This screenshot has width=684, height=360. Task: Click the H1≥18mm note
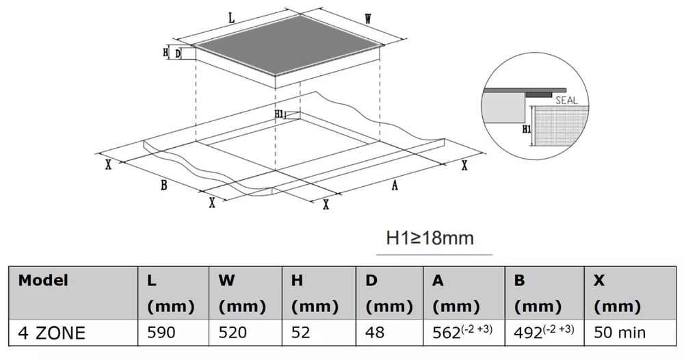pos(430,238)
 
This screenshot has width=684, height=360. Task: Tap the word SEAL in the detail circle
pos(566,101)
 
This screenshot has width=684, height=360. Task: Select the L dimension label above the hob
pos(232,18)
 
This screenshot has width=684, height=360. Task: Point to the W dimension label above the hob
pos(368,18)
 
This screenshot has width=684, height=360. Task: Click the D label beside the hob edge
pos(178,54)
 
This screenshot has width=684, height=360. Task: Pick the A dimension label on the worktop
pos(395,185)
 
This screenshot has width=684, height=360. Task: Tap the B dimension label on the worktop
pos(163,185)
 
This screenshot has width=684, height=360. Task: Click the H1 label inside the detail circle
pos(527,129)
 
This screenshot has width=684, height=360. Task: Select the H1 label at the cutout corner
pos(280,114)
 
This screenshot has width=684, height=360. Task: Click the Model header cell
pos(43,280)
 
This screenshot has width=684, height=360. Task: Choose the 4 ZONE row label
pos(51,333)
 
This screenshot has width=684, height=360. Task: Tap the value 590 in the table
pos(161,333)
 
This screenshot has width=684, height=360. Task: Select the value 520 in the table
pos(233,333)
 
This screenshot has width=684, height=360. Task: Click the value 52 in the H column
pos(300,333)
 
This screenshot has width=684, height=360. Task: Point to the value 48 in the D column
pos(375,333)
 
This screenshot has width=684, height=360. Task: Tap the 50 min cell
pos(620,333)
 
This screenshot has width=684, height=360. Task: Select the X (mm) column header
pos(617,293)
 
